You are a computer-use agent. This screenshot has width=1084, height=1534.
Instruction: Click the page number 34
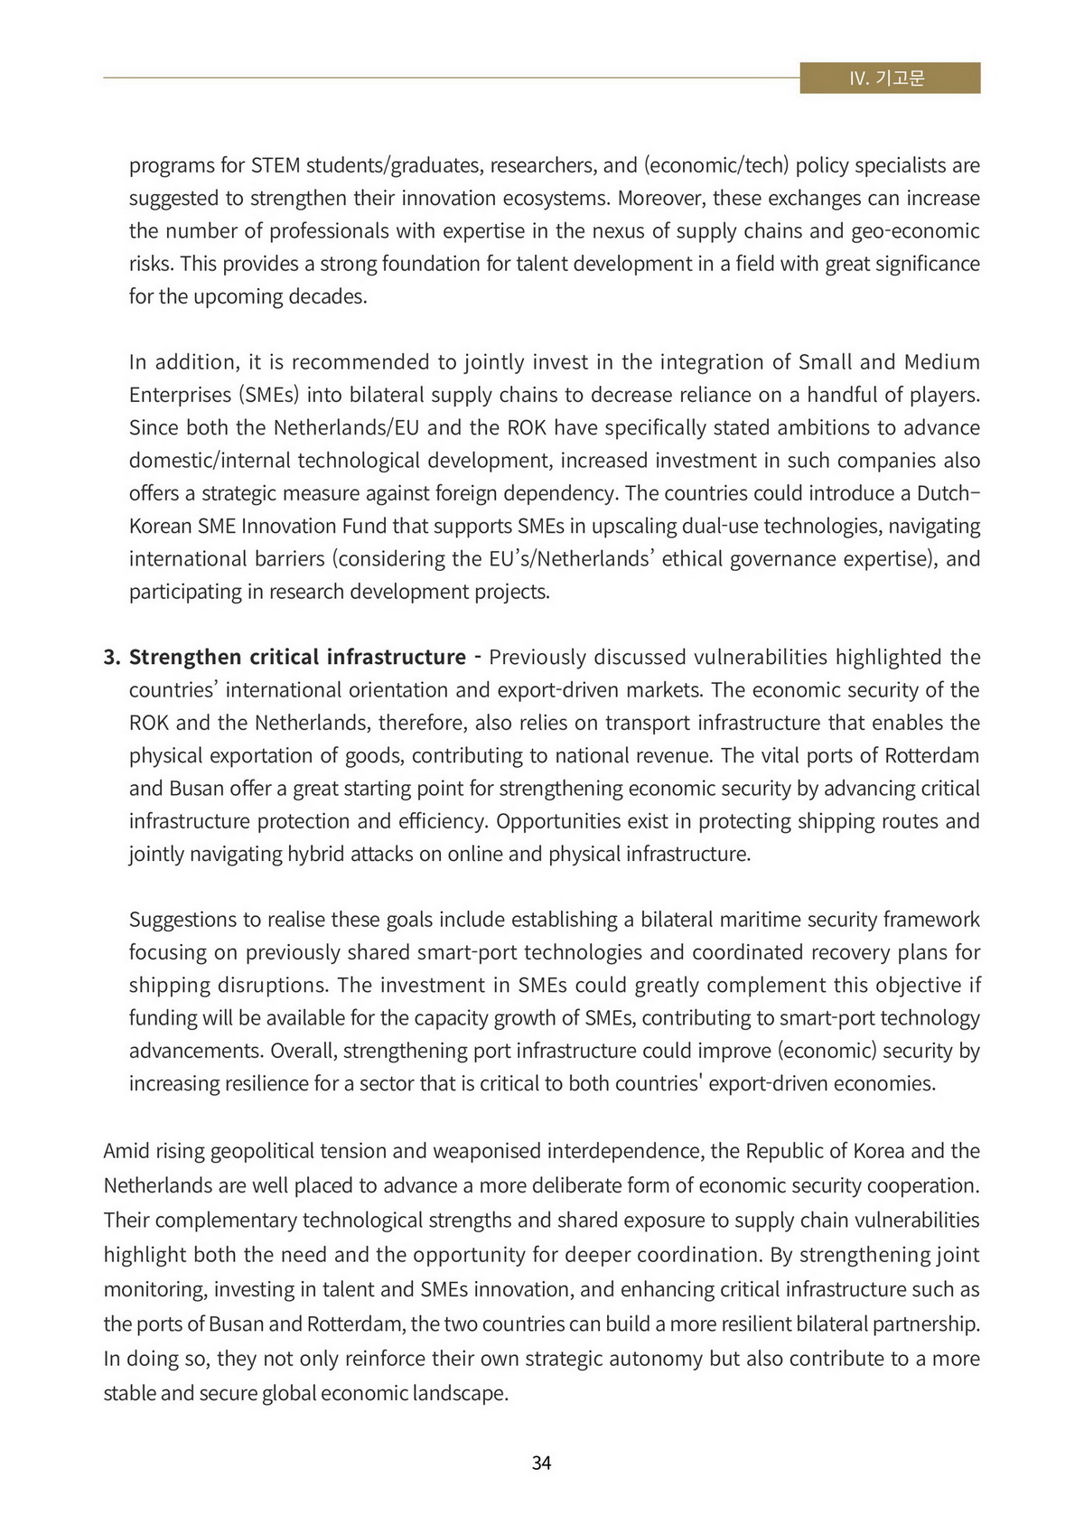click(541, 1463)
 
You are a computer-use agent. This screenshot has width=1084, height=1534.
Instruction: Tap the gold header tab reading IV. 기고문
click(890, 78)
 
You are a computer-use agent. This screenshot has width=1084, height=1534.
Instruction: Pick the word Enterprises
click(181, 395)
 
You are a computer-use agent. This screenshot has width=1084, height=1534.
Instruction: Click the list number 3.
click(111, 657)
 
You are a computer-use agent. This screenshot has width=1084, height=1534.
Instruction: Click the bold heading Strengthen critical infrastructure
click(297, 657)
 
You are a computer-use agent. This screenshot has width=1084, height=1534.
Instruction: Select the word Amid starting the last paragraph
click(126, 1151)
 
